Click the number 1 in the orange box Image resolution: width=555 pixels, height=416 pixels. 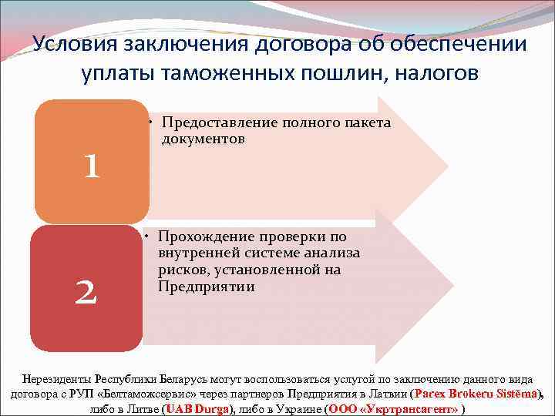pyautogui.click(x=92, y=166)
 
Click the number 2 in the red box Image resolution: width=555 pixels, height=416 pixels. pyautogui.click(x=86, y=291)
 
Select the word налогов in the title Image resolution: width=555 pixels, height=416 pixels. pyautogui.click(x=432, y=72)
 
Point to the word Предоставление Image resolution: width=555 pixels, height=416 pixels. pyautogui.click(x=220, y=123)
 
